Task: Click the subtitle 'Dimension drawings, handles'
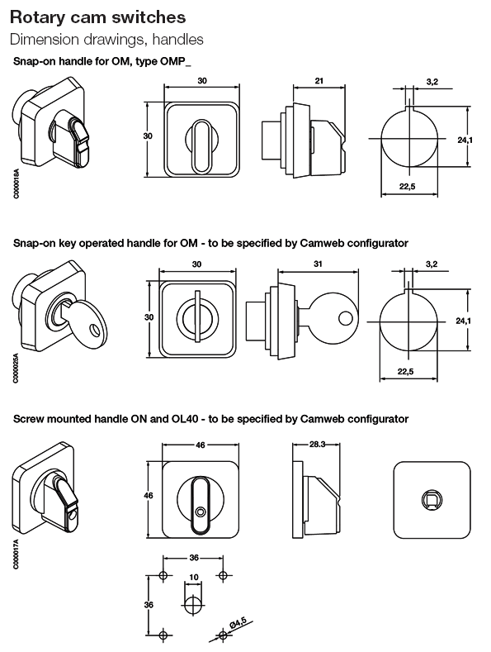pyautogui.click(x=106, y=39)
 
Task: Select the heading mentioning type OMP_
pyautogui.click(x=108, y=62)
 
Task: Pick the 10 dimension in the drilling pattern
pyautogui.click(x=192, y=577)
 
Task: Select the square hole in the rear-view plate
pyautogui.click(x=430, y=498)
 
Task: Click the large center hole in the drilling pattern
pyautogui.click(x=192, y=604)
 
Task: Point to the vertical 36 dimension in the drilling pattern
pyautogui.click(x=149, y=605)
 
